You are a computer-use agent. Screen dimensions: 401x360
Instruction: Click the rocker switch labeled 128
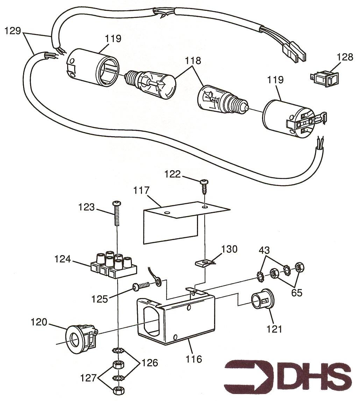(x=323, y=78)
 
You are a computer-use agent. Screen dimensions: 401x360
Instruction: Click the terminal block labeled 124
(x=113, y=267)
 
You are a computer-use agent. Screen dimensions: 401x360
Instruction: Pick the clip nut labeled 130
(x=204, y=262)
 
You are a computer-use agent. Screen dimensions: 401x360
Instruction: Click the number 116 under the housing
(x=194, y=359)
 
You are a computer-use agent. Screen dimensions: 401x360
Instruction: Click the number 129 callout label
(x=13, y=31)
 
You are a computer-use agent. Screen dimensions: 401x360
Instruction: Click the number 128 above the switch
(x=345, y=57)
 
